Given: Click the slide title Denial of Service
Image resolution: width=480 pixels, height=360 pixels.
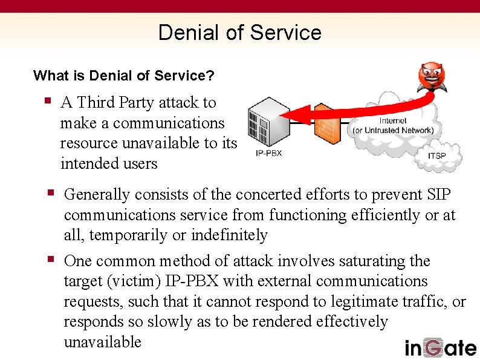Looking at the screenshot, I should coord(239,32).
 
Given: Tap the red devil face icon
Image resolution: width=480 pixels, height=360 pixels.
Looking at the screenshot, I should coord(432,77).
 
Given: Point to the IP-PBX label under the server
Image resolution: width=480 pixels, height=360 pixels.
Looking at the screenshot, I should coord(268,153).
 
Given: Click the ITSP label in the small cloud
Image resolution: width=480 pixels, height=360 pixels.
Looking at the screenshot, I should coord(436,156).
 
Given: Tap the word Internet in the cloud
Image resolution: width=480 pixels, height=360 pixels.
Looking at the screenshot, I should coord(393,120).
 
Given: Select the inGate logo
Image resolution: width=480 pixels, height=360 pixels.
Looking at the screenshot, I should coord(440,348).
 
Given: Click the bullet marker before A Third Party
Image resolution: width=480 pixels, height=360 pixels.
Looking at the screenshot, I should coord(48,100).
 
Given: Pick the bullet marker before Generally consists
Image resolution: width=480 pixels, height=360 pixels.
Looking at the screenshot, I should coord(51,192).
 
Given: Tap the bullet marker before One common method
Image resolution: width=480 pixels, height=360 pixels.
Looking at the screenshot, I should coord(51,259).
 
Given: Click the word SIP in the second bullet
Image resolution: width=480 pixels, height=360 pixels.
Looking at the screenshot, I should coord(438,195).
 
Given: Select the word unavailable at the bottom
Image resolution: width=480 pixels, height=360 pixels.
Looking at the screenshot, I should coord(102,342).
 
